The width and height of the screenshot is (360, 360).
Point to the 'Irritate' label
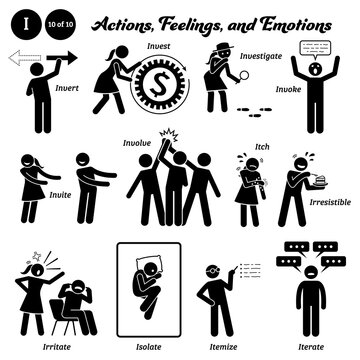tap(32, 338)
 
